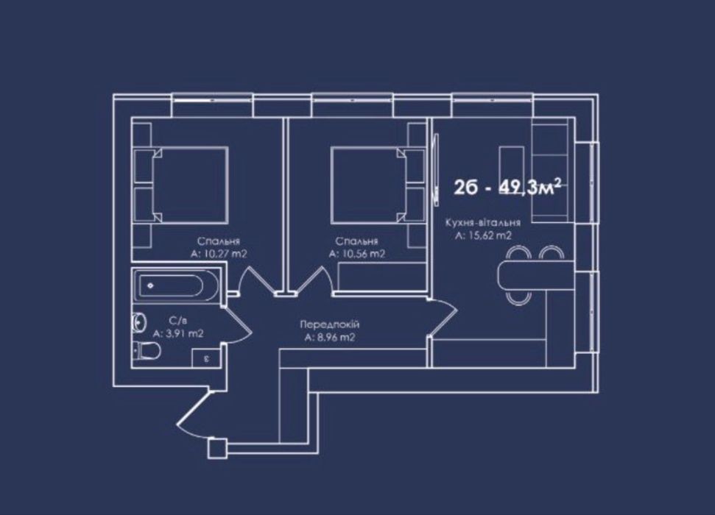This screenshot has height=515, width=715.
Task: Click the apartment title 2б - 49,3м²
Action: pyautogui.click(x=507, y=187)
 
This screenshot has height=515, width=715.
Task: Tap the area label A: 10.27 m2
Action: pyautogui.click(x=219, y=254)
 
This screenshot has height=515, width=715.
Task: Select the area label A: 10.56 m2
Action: pyautogui.click(x=357, y=254)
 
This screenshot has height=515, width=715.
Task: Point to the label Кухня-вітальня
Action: pyautogui.click(x=483, y=223)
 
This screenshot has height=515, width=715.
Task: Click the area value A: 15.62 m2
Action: pyautogui.click(x=483, y=235)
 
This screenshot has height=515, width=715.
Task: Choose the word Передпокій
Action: pyautogui.click(x=330, y=324)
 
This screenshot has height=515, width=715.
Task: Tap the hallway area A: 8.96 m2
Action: pyautogui.click(x=330, y=338)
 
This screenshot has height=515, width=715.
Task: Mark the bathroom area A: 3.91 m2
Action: pyautogui.click(x=178, y=333)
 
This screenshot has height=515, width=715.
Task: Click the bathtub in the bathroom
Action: pyautogui.click(x=176, y=285)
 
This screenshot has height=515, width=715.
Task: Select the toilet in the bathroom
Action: pyautogui.click(x=146, y=351)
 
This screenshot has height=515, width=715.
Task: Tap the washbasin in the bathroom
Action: pyautogui.click(x=138, y=322)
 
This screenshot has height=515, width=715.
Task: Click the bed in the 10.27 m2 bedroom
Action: pyautogui.click(x=189, y=185)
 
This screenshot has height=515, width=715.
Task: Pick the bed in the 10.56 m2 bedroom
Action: pyautogui.click(x=368, y=185)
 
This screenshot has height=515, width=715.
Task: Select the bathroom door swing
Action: pyautogui.click(x=237, y=324)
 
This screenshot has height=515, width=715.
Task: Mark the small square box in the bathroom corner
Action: pyautogui.click(x=206, y=358)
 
